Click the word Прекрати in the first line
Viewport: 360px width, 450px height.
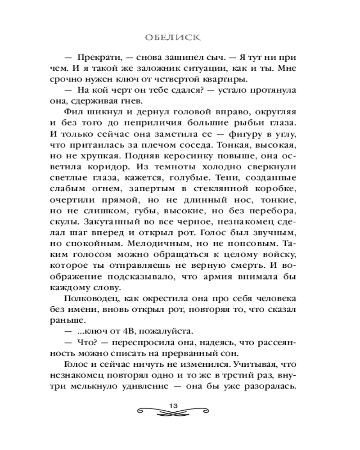97,59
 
